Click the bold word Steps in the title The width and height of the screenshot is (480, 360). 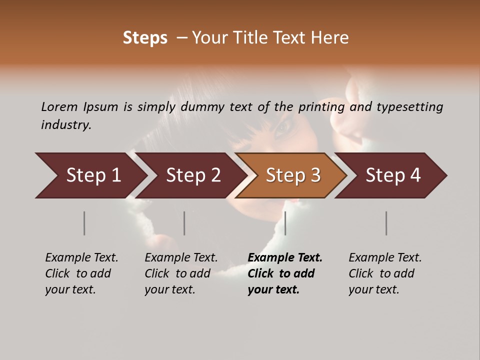coord(145,38)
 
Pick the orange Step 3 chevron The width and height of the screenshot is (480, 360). coord(293,175)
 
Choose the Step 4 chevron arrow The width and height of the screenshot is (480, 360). coord(393,175)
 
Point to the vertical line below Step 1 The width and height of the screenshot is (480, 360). coord(84,223)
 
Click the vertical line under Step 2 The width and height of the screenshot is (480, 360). coord(184,223)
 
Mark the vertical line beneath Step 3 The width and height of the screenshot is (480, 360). coord(285,223)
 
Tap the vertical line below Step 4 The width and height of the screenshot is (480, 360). coord(386,223)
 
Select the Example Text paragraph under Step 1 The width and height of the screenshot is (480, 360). coord(81,273)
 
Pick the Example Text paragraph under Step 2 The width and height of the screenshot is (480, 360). coord(181,273)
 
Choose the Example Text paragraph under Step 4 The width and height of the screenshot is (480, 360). coord(385,273)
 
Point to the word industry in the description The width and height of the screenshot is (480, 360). coord(65,125)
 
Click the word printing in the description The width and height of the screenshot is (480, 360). coord(322,107)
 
